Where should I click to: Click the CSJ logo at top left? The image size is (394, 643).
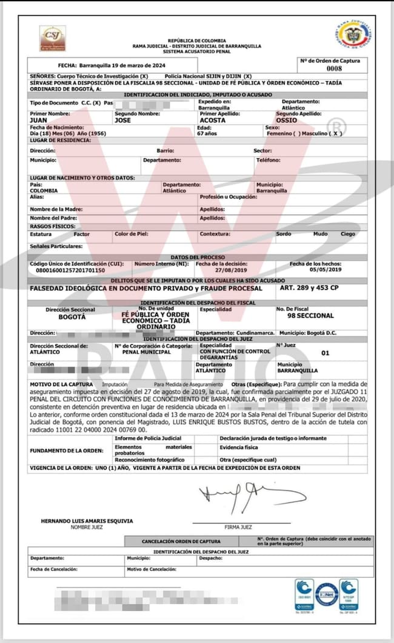coord(53,38)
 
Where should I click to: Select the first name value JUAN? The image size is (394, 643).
coord(38,120)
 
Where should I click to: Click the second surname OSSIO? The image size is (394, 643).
coord(286,120)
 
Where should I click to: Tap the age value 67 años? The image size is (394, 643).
coord(209,133)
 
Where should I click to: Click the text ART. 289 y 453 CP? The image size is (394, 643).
coord(310,289)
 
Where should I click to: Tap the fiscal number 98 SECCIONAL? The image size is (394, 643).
coord(310,316)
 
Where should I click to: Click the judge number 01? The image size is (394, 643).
coord(325,352)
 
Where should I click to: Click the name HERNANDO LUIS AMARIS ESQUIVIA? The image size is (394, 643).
coord(87,521)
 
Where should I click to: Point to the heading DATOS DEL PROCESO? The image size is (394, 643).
coord(198,257)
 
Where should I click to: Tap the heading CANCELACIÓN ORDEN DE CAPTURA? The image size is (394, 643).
coord(181,541)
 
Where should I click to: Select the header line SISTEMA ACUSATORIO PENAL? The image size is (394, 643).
coord(198,50)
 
